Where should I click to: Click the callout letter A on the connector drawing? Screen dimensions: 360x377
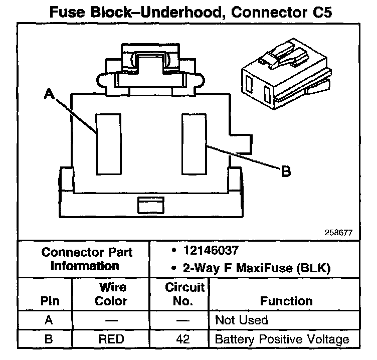(x=49, y=94)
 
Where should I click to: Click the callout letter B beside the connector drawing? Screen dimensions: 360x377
(x=285, y=172)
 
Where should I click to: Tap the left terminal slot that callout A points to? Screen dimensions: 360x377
(x=106, y=143)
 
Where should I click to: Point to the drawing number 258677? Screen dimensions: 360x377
(x=339, y=233)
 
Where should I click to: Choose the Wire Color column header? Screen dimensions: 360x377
(x=111, y=294)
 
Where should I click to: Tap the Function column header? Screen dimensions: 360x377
(x=286, y=301)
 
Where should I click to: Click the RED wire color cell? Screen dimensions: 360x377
(x=111, y=339)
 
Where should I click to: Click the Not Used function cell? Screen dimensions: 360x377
(x=241, y=320)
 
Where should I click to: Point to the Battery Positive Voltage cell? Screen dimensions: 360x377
(x=282, y=339)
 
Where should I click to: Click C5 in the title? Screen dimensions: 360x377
(x=318, y=12)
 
